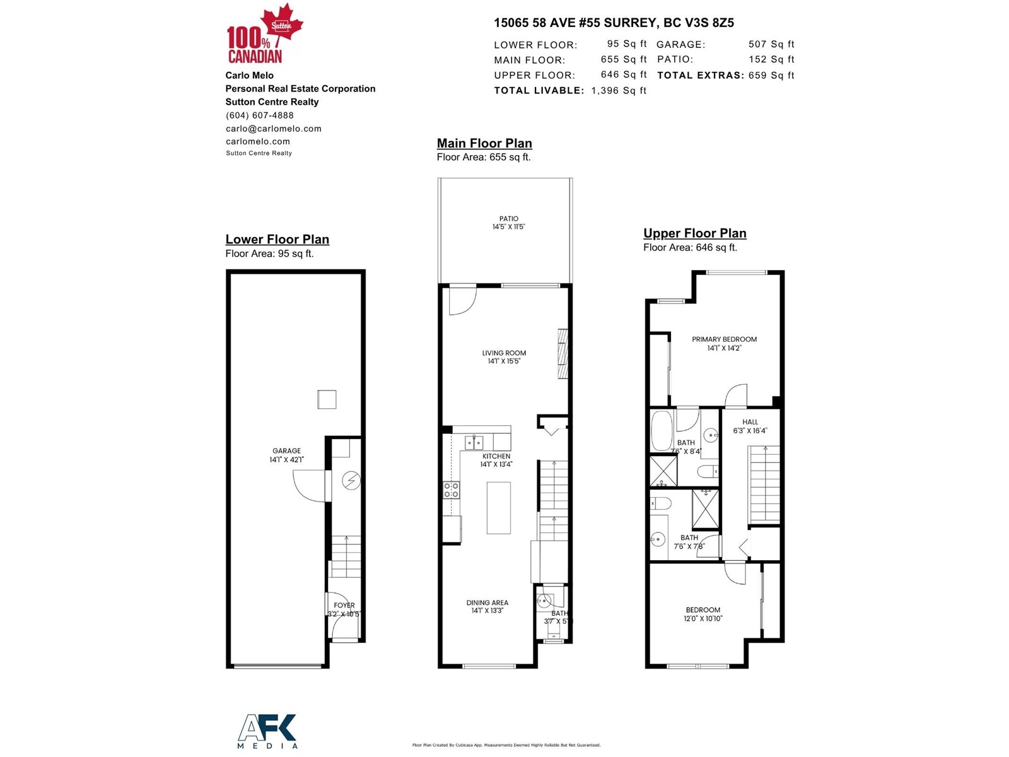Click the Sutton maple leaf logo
281,24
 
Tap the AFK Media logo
267,731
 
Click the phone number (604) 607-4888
260,115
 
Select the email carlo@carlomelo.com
274,129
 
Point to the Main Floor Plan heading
484,144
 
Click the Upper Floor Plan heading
694,233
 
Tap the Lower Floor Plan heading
277,240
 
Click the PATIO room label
508,219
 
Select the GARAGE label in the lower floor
286,451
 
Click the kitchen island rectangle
498,508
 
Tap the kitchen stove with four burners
451,490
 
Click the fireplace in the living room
563,353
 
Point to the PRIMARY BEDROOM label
724,339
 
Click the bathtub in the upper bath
662,430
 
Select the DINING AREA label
487,603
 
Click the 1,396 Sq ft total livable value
619,91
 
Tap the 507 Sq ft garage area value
771,44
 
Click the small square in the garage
327,399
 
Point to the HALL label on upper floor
750,422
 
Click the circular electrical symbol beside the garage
351,481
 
